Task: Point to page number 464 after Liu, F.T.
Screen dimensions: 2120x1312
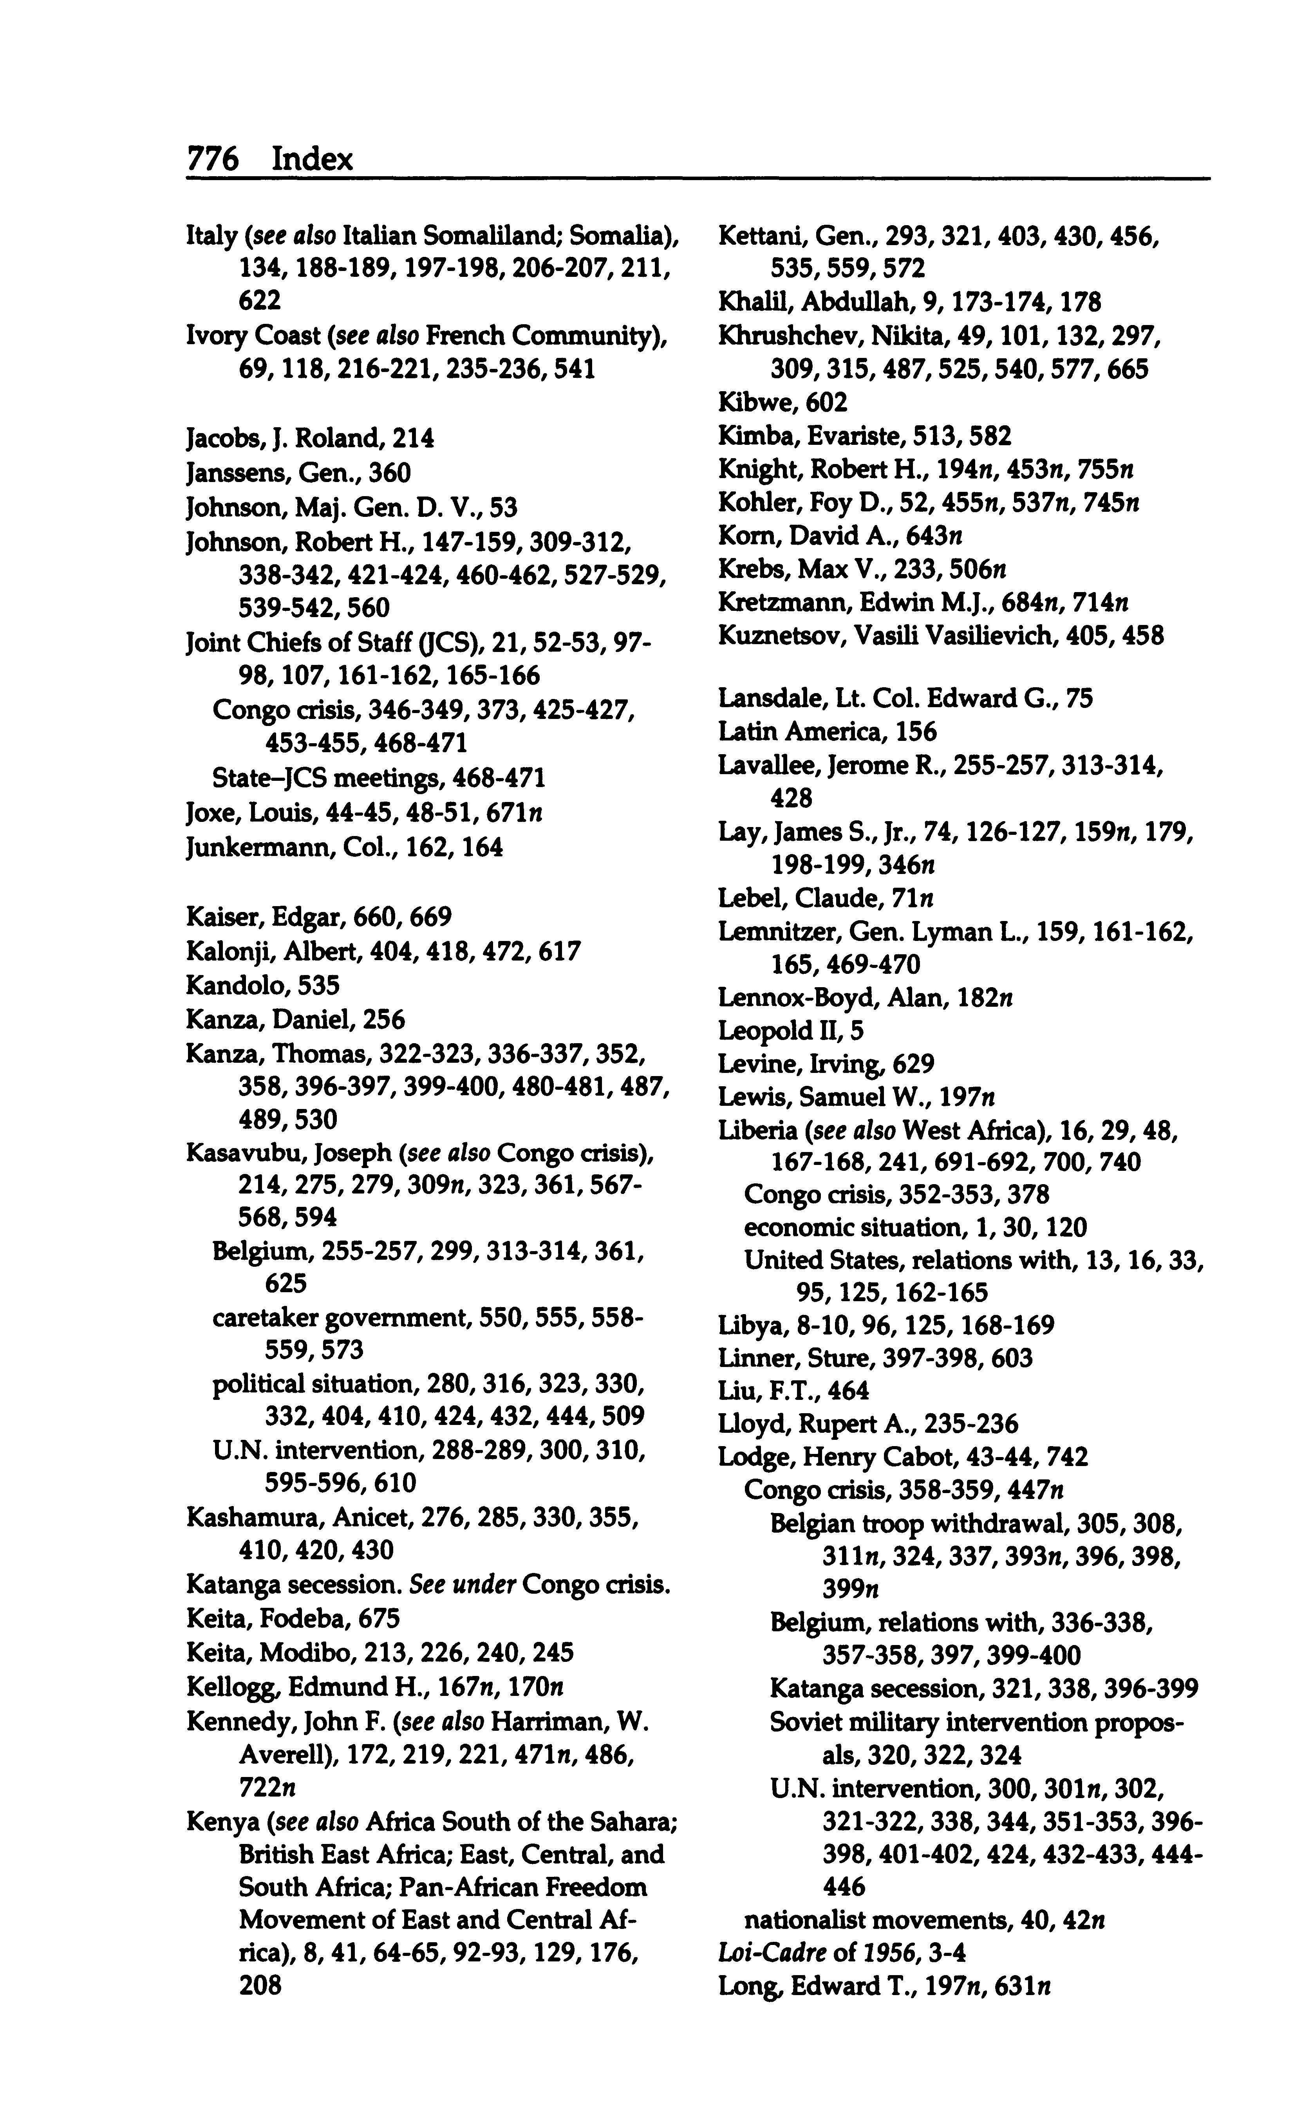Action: click(x=848, y=1390)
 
